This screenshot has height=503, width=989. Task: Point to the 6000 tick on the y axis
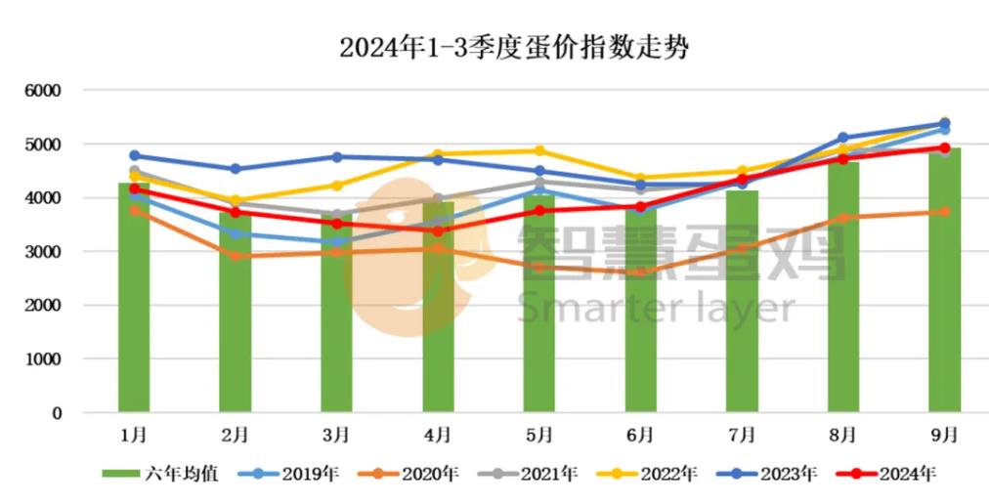pos(43,91)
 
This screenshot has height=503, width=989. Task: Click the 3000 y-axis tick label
pos(43,252)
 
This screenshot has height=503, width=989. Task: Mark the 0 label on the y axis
pos(56,413)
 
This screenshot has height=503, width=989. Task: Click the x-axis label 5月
pos(538,433)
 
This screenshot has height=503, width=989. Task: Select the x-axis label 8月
pos(842,433)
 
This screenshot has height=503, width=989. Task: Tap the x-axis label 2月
pos(235,433)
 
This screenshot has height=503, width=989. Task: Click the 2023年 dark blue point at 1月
pos(135,155)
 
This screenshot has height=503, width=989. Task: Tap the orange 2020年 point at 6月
pos(640,272)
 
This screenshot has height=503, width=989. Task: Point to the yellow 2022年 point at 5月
pos(539,150)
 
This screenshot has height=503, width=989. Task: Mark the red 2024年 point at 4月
pos(438,231)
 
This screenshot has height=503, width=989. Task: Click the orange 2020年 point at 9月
pos(944,211)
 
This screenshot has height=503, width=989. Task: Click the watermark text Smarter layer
pos(657,308)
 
